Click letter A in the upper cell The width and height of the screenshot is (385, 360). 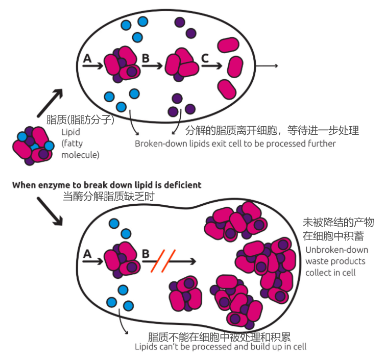click(x=87, y=59)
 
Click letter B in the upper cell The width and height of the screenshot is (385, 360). click(x=146, y=59)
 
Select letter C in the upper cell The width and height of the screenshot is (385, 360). click(x=205, y=59)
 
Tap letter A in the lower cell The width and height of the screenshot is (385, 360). click(x=87, y=253)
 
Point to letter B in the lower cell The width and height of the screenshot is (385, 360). click(x=145, y=253)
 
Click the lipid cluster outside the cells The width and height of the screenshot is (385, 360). click(x=32, y=146)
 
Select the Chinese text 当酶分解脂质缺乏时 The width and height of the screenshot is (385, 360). click(x=108, y=196)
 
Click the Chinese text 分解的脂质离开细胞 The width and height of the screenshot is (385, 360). click(x=230, y=130)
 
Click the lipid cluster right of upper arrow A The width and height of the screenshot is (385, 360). click(x=122, y=64)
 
